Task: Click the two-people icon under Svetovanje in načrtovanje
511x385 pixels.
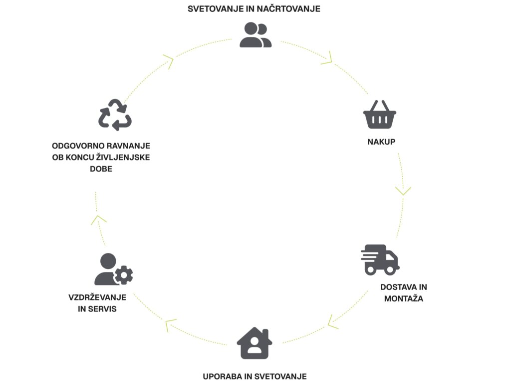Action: pos(255,35)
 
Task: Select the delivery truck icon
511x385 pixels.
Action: pos(380,259)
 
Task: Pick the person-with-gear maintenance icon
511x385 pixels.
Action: pos(113,269)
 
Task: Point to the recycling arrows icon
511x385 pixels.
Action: pos(115,114)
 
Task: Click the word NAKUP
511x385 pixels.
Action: pos(381,142)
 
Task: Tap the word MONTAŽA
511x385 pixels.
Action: pos(404,299)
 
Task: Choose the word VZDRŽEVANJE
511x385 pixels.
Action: pos(97,297)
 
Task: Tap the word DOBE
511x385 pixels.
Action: pos(101,169)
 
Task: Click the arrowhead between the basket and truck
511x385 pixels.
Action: pos(403,190)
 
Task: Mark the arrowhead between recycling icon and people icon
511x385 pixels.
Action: pos(169,62)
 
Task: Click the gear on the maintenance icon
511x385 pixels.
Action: pos(124,275)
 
